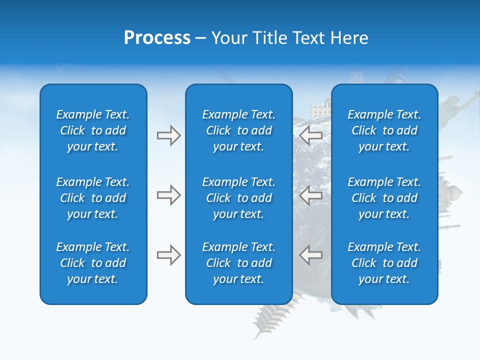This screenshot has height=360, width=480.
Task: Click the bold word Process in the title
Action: pyautogui.click(x=157, y=38)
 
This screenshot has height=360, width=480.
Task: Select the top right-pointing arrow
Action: pyautogui.click(x=168, y=135)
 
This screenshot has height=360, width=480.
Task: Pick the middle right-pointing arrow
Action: pyautogui.click(x=168, y=195)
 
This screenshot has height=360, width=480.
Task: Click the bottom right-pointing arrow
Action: pyautogui.click(x=168, y=255)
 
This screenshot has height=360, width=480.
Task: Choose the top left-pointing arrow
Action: pyautogui.click(x=311, y=135)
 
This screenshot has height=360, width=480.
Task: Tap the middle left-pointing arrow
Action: pyautogui.click(x=311, y=195)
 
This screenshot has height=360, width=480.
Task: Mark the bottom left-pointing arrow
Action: pyautogui.click(x=311, y=255)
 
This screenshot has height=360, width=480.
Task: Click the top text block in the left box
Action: pyautogui.click(x=93, y=130)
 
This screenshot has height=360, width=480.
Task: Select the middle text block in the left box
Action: pyautogui.click(x=93, y=198)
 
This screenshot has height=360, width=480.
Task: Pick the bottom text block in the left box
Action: pyautogui.click(x=93, y=263)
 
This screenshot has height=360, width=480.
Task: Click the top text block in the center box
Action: pyautogui.click(x=238, y=130)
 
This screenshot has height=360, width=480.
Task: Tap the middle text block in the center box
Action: pyautogui.click(x=238, y=198)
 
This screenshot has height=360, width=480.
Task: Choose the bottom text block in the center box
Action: pyautogui.click(x=238, y=263)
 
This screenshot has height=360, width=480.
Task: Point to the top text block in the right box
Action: pyautogui.click(x=384, y=130)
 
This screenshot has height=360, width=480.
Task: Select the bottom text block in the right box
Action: pyautogui.click(x=384, y=263)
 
